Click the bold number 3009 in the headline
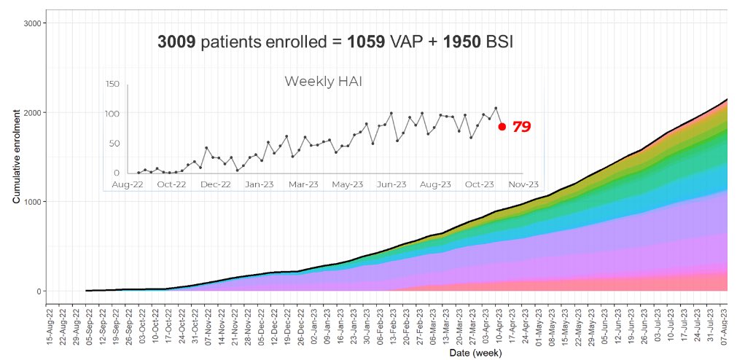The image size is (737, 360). tap(176, 42)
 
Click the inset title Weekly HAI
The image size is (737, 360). tap(323, 82)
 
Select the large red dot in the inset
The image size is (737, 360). tap(502, 127)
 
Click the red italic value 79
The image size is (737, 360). tap(521, 127)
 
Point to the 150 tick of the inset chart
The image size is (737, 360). tap(112, 85)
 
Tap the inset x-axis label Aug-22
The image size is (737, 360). tap(128, 185)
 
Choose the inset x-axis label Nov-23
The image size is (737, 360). tap(523, 185)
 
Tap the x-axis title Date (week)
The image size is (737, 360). tap(388, 353)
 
